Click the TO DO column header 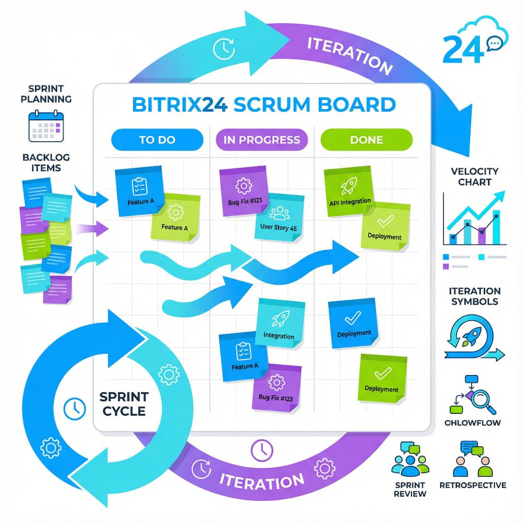[157, 140]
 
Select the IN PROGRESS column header [262, 140]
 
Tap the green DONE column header [366, 140]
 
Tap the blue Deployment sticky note [353, 324]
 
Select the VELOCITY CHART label [475, 177]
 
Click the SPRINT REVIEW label [410, 489]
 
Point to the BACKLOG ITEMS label [46, 163]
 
